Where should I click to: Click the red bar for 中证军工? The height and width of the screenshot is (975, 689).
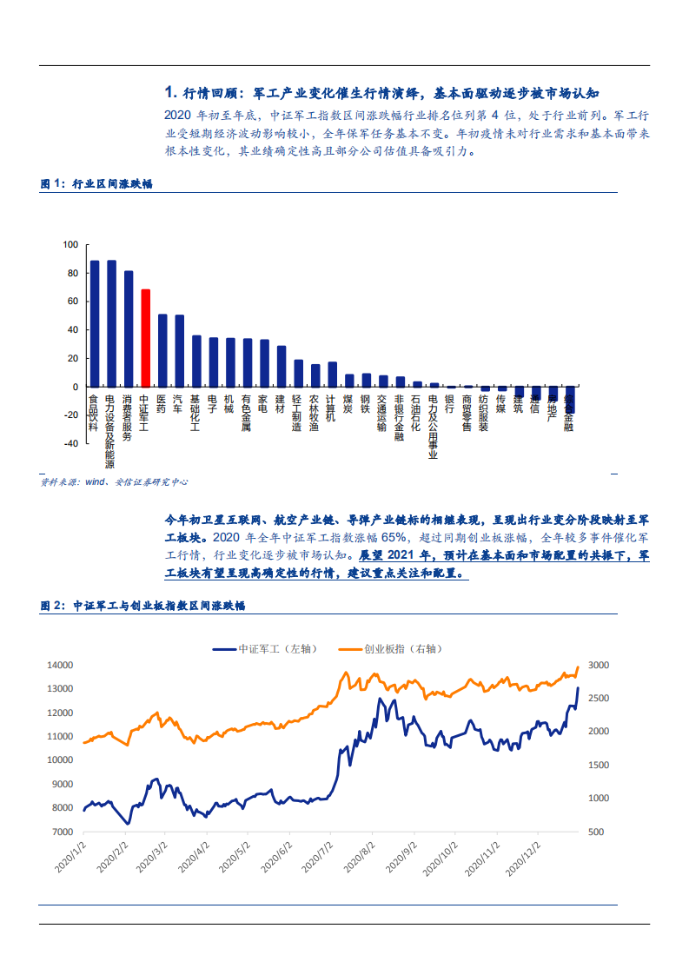click(146, 338)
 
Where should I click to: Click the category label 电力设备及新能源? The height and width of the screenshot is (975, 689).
click(111, 428)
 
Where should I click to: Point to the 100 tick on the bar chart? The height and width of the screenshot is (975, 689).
click(70, 245)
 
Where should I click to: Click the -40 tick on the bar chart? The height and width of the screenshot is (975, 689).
click(70, 443)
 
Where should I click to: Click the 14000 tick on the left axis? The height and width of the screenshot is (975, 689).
click(60, 666)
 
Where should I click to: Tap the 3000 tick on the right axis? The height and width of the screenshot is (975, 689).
click(599, 666)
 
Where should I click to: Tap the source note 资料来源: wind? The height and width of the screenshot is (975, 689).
click(114, 481)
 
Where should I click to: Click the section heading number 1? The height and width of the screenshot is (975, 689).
click(170, 93)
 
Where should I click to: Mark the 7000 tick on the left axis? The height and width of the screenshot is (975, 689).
click(63, 832)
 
